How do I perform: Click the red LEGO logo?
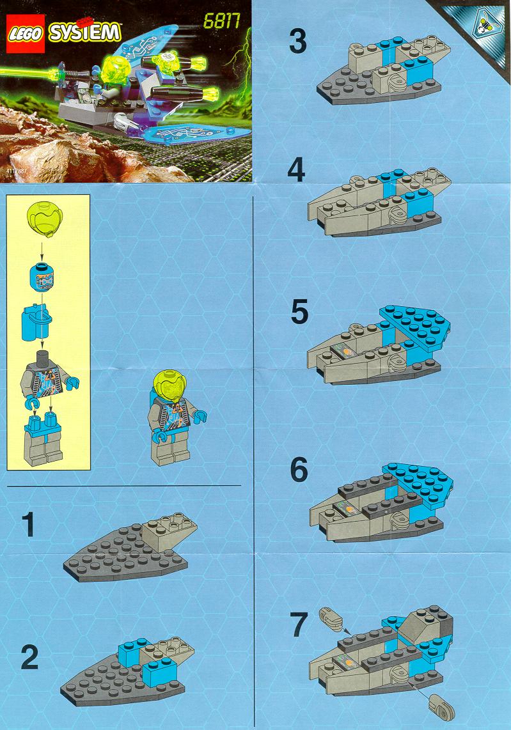[x=25, y=33]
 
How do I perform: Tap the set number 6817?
[x=222, y=22]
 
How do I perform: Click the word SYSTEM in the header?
[x=85, y=33]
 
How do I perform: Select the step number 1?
[x=28, y=525]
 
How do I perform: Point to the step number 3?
[x=297, y=41]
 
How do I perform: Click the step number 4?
[x=296, y=170]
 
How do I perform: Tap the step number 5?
[x=299, y=312]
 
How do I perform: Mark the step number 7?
[x=299, y=625]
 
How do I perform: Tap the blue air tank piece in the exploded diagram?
[x=36, y=322]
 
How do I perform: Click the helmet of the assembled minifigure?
[x=169, y=384]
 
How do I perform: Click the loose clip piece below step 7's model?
[x=441, y=706]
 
